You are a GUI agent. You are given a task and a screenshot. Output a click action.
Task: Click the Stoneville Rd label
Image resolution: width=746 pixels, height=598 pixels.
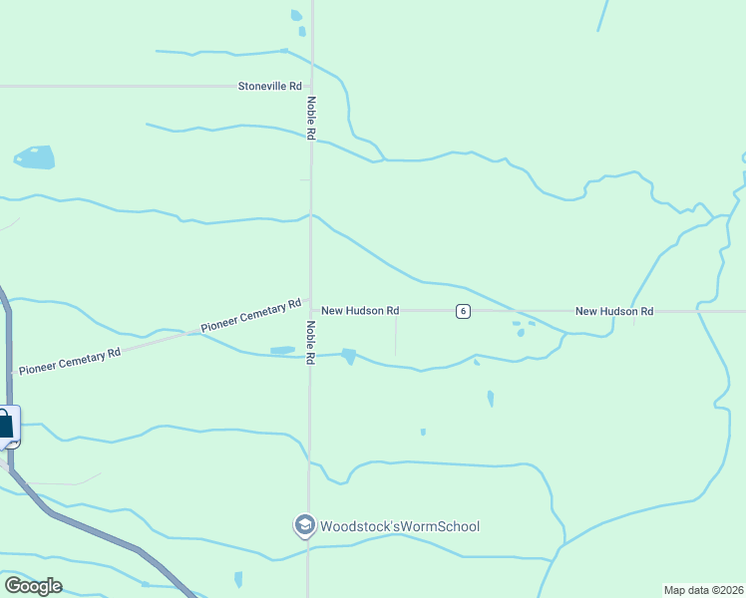point(269,87)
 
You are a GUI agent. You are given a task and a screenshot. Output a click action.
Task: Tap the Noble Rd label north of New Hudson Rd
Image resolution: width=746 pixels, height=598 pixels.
point(311,118)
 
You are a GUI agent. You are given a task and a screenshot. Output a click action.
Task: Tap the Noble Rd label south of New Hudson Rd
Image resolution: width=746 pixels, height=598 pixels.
point(311,342)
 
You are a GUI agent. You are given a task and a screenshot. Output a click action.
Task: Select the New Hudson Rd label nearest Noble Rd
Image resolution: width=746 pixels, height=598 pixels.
point(360,311)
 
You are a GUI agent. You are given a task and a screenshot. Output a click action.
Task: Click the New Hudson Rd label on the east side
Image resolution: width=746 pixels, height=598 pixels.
point(614,311)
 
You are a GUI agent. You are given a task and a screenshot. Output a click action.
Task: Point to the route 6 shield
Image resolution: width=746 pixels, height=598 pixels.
point(463,311)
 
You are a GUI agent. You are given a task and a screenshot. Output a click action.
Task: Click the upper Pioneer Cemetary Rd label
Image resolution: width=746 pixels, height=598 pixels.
point(250,316)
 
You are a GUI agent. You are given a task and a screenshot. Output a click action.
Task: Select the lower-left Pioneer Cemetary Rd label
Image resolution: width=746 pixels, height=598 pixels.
point(70,361)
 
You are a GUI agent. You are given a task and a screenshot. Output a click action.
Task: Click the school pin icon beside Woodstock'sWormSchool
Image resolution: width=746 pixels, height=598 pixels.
point(304,525)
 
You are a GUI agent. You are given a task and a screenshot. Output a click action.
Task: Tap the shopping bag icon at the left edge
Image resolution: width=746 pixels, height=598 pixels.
point(6,426)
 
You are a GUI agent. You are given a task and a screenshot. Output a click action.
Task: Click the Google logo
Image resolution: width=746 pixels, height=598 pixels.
point(33,586)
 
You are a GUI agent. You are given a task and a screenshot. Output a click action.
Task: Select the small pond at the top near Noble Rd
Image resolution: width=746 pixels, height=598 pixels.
point(295,15)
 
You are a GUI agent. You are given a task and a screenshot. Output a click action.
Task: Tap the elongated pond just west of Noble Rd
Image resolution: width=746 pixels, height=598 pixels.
point(282,350)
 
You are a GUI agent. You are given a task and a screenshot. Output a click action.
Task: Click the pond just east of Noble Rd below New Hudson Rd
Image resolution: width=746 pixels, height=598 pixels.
point(348,356)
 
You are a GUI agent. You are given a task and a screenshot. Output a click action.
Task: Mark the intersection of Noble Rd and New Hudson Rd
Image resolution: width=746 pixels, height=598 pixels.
point(310,311)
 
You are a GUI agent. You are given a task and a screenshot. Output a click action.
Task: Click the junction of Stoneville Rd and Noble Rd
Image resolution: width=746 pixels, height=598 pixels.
point(311,87)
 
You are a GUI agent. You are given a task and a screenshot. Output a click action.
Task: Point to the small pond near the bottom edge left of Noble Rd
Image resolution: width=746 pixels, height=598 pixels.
point(238,579)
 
